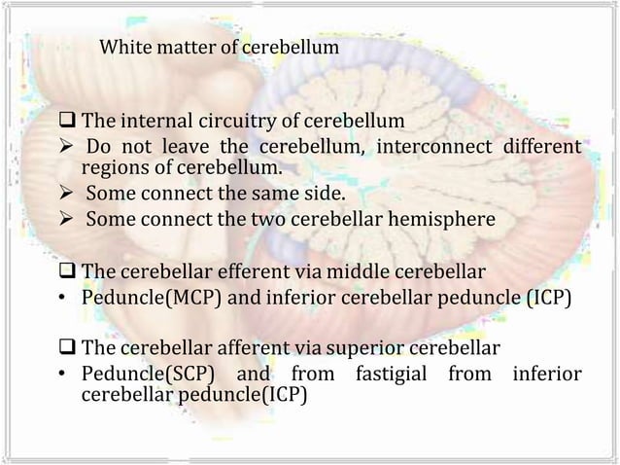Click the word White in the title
coord(124,46)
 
